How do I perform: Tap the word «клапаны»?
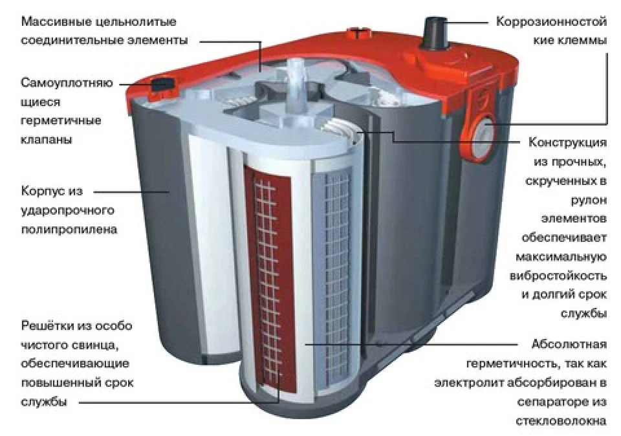pos(47,139)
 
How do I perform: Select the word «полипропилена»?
pos(69,230)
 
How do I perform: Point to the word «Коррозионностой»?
pos(551,21)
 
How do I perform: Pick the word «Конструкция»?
pos(567,142)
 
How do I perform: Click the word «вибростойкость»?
pos(558,276)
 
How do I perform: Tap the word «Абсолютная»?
pos(569,344)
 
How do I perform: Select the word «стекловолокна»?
pos(561,420)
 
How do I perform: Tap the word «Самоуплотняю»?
pos(67,83)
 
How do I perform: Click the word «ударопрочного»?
pos(67,211)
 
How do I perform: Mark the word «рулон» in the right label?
pos(589,201)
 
